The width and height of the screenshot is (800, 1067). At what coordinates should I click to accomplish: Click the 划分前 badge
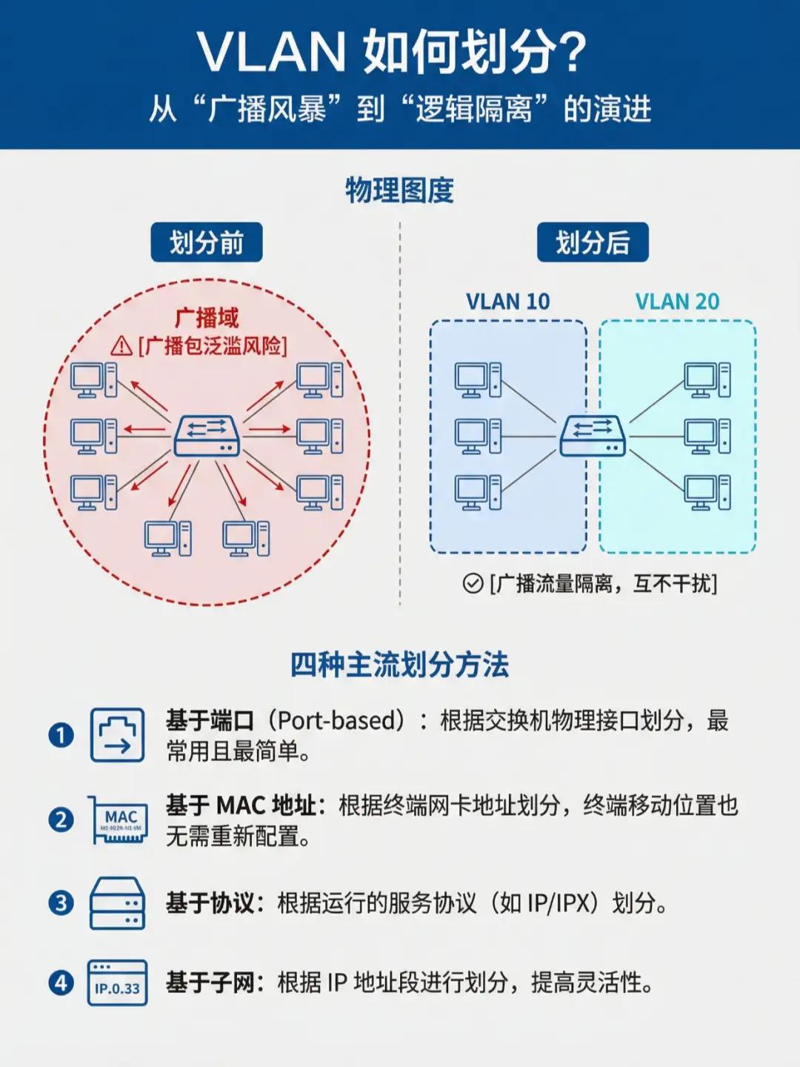point(207,242)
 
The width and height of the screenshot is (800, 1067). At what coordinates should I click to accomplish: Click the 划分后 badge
point(593,242)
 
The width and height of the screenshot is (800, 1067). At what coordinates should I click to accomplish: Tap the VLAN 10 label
point(507,302)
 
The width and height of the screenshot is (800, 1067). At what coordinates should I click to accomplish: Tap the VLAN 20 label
point(677,302)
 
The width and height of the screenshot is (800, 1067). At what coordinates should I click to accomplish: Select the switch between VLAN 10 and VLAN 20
point(593,436)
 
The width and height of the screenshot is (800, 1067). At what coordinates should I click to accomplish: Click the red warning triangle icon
point(121,345)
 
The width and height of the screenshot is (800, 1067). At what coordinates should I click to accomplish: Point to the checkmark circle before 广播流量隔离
point(473,584)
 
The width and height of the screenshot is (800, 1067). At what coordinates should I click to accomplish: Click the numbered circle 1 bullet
point(61,735)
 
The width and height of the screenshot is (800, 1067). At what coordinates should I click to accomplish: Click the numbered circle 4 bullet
point(61,983)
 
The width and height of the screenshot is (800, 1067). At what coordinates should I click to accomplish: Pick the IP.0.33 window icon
point(117,983)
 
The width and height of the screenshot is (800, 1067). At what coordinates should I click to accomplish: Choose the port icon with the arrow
point(117,735)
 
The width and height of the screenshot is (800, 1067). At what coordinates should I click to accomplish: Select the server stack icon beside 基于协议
point(117,903)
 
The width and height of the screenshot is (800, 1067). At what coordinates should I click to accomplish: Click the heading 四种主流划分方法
point(399,665)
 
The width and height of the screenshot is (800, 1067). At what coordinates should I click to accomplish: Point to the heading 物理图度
point(399,190)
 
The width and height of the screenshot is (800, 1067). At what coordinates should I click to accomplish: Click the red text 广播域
point(207,318)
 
